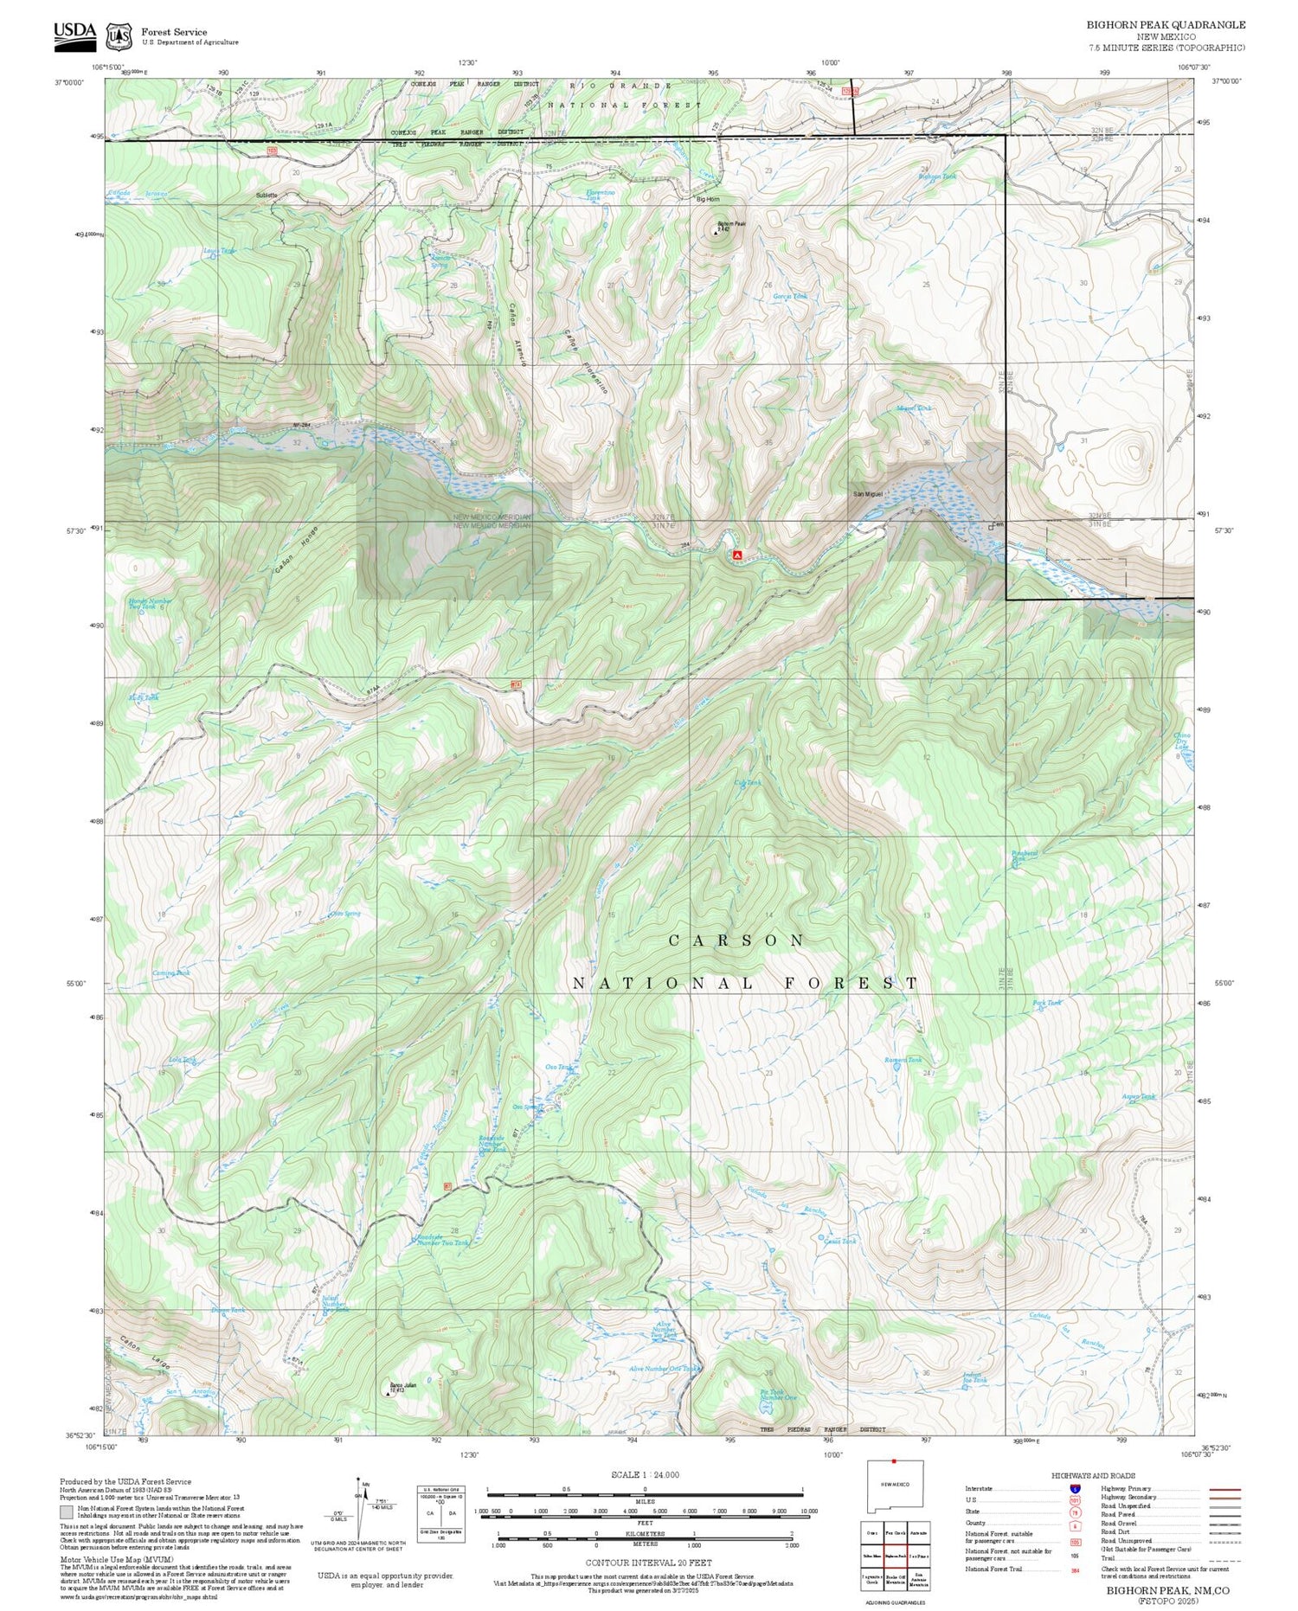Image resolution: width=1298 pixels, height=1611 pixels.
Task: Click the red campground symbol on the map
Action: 736,554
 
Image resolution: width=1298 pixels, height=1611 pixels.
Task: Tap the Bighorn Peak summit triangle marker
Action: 715,232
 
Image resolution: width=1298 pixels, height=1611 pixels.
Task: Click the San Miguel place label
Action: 868,494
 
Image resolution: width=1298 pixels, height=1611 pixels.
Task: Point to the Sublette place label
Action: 267,196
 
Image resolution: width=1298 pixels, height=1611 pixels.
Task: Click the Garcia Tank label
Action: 789,296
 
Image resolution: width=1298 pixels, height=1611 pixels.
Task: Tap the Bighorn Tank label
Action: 937,177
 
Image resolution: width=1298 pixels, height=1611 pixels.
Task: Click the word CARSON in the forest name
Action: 736,940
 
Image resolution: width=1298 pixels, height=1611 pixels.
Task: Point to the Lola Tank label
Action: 183,1059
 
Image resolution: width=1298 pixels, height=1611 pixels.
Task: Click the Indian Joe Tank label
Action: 974,1377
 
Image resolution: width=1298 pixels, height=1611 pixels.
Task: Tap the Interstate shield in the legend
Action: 1075,1488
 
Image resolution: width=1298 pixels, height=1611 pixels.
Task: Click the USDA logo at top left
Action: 75,32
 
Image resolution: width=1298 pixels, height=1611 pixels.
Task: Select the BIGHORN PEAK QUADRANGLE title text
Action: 1166,25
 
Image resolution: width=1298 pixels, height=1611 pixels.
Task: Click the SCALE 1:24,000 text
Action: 645,1475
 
